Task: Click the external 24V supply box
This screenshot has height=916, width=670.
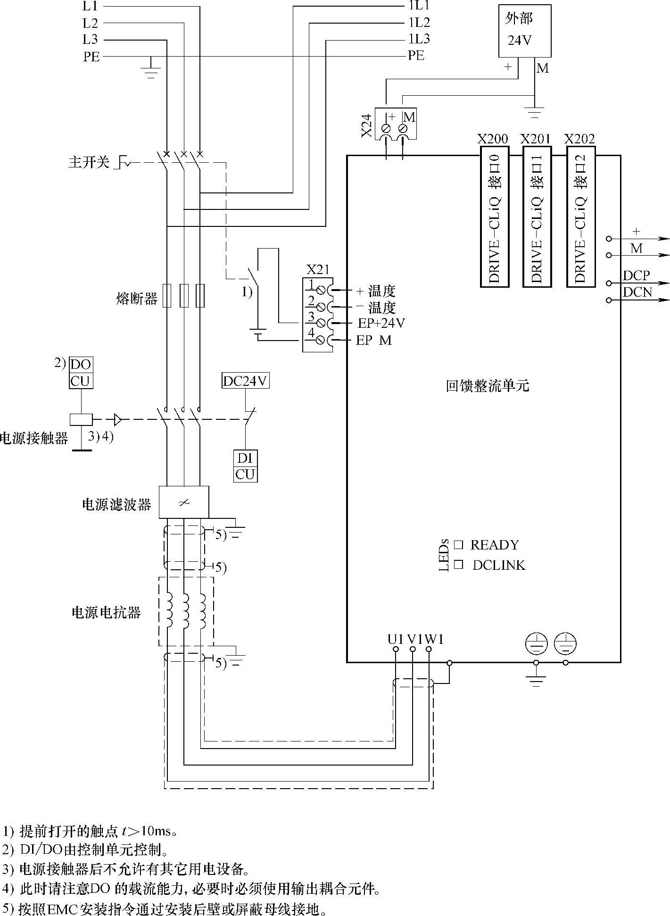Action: (x=524, y=31)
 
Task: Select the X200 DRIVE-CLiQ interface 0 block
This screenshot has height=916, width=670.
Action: (x=495, y=217)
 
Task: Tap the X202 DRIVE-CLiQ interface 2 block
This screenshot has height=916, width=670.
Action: (x=581, y=217)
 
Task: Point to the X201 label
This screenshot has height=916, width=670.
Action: (x=535, y=139)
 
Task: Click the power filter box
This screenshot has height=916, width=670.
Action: (x=184, y=502)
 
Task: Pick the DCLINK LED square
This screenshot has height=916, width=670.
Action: (x=458, y=565)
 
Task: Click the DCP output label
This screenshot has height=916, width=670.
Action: (x=637, y=275)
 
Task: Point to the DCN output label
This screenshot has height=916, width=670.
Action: (x=637, y=292)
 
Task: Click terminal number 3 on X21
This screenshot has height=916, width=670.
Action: (x=311, y=317)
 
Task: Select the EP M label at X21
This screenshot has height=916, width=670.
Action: (x=373, y=340)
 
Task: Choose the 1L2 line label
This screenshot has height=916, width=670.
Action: (x=419, y=22)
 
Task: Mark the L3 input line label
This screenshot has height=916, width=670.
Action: (x=90, y=39)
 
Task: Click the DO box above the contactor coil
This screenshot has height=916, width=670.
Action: (x=81, y=365)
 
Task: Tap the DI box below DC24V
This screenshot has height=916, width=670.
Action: (x=245, y=458)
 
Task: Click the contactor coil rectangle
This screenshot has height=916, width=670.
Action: (x=81, y=419)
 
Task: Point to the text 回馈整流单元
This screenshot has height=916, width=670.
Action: (x=488, y=386)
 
